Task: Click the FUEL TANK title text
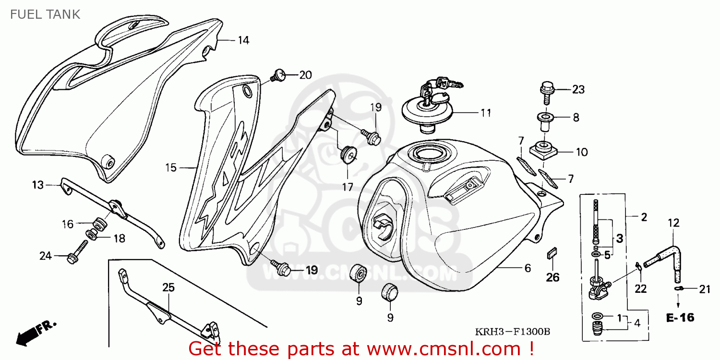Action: (x=45, y=14)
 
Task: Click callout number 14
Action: (x=243, y=40)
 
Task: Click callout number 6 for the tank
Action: (x=528, y=268)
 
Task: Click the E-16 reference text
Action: (x=680, y=318)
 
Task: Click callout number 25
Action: (x=168, y=288)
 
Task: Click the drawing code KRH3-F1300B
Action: (x=512, y=332)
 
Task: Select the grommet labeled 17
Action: (x=348, y=155)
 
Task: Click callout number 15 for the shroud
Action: (x=171, y=168)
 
